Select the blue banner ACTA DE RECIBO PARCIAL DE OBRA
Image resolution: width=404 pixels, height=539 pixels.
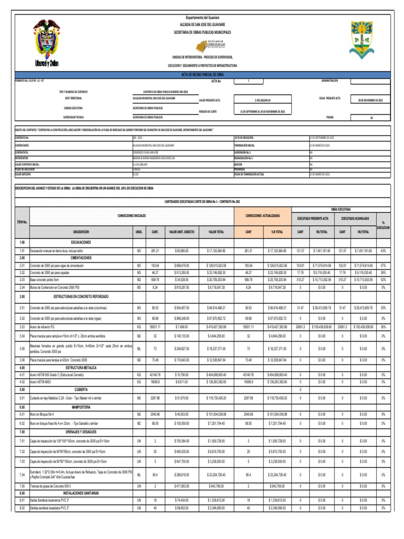202,75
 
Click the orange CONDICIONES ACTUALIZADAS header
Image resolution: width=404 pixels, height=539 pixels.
262,216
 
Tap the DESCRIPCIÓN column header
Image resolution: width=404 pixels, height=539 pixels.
81,232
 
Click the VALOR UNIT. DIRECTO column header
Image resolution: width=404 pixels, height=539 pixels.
181,232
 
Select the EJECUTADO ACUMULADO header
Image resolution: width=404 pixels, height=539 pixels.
356,217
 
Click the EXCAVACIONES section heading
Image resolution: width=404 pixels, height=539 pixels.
78,242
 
